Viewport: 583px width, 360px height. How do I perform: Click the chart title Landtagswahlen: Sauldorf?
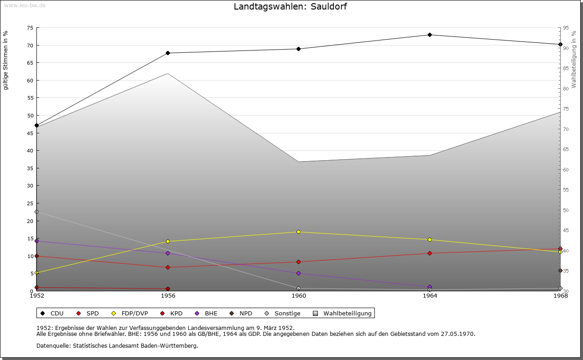pyautogui.click(x=290, y=7)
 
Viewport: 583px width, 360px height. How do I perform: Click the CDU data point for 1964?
pyautogui.click(x=430, y=35)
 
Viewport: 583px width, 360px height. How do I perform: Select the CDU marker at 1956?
pyautogui.click(x=168, y=53)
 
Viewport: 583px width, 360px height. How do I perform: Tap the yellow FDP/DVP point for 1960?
pyautogui.click(x=299, y=232)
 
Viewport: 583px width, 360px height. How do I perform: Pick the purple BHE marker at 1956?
pyautogui.click(x=168, y=253)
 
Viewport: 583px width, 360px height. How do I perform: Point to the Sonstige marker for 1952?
pyautogui.click(x=37, y=212)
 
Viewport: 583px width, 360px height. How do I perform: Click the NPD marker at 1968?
pyautogui.click(x=560, y=270)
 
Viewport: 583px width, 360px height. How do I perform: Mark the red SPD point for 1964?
pyautogui.click(x=430, y=254)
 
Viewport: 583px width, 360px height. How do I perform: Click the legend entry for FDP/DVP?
pyautogui.click(x=134, y=314)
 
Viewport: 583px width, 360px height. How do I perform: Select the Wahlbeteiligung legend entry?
pyautogui.click(x=347, y=314)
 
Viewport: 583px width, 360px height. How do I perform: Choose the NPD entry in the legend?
pyautogui.click(x=245, y=314)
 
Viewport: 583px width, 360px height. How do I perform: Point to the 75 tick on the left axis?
pyautogui.click(x=30, y=28)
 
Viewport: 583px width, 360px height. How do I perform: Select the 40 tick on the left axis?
pyautogui.click(x=30, y=151)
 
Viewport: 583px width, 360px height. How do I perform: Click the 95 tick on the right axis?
pyautogui.click(x=566, y=28)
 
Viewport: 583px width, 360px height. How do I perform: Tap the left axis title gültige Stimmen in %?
pyautogui.click(x=6, y=60)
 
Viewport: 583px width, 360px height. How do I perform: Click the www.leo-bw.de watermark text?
pyautogui.click(x=24, y=5)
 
